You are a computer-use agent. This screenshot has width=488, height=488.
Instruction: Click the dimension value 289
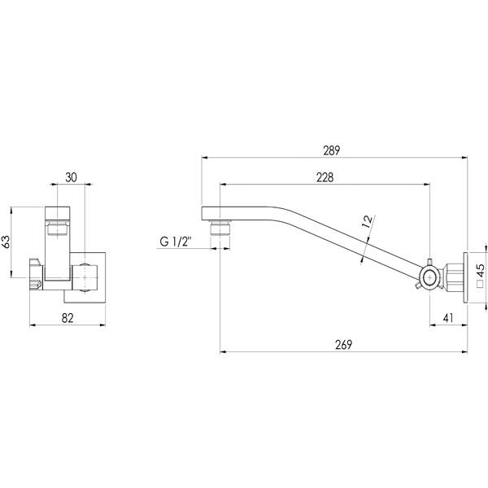(332, 150)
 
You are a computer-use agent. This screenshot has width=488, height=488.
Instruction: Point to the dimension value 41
(449, 319)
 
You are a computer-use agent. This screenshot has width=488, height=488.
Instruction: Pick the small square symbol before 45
(480, 285)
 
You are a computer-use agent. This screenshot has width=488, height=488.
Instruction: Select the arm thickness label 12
(367, 222)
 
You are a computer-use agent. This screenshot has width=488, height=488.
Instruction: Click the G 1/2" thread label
(176, 242)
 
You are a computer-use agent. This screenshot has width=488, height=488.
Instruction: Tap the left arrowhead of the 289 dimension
(203, 158)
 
